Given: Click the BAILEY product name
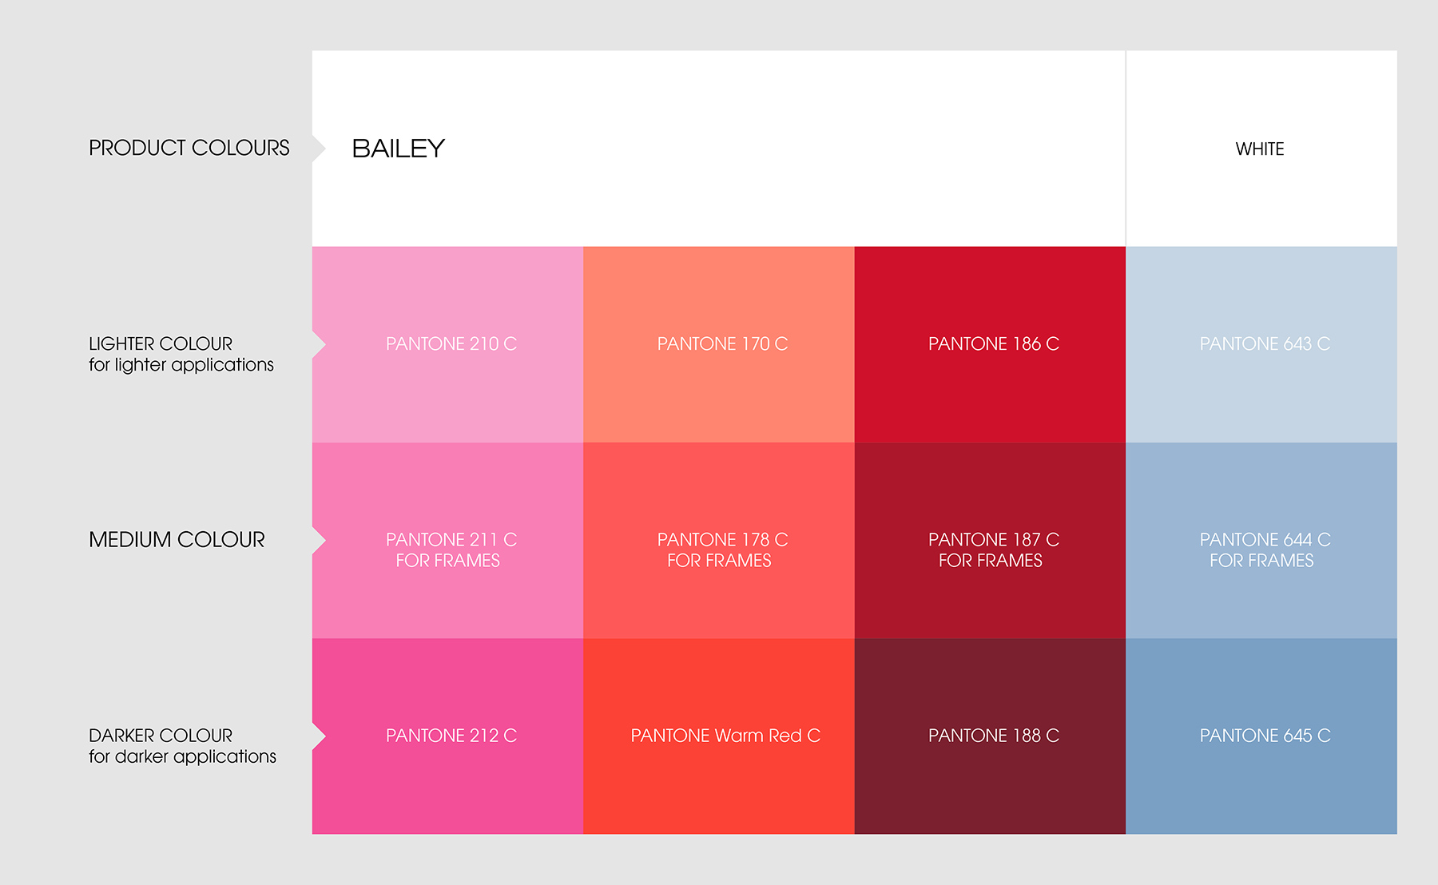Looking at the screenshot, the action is tap(398, 149).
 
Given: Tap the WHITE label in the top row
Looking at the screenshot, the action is tap(1260, 149).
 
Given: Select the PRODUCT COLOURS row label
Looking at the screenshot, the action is tap(189, 148).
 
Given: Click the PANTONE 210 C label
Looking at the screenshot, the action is tap(451, 343).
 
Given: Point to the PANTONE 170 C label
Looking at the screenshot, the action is tap(722, 343).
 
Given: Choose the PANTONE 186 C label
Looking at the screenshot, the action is tap(994, 343).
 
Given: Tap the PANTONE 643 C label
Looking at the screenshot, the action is tap(1265, 343).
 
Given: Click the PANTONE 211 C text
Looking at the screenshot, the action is tap(451, 539).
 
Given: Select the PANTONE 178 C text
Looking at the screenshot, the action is tap(722, 539).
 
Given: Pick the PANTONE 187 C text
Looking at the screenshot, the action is tap(994, 539).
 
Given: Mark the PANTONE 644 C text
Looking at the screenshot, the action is tap(1265, 539).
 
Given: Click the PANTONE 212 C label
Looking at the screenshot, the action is tap(451, 736).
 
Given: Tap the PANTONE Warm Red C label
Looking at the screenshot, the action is tap(725, 736).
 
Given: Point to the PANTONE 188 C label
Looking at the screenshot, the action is tap(994, 736).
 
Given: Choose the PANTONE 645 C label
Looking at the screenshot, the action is tap(1265, 736).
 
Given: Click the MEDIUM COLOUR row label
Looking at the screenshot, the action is tap(177, 540).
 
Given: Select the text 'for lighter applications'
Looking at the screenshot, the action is tap(181, 365).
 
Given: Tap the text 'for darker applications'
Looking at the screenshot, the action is tap(182, 756).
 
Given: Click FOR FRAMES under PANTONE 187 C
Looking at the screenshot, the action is tap(991, 561).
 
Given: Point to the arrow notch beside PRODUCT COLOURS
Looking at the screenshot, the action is tap(320, 148).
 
